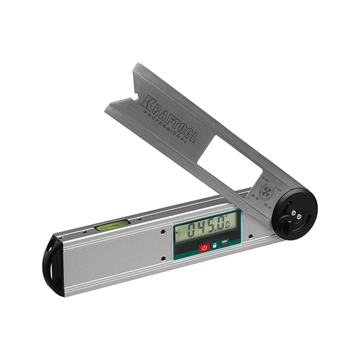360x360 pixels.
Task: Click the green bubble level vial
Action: tap(112, 225)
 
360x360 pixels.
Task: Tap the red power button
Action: tap(204, 247)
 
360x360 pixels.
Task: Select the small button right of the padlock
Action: tap(224, 243)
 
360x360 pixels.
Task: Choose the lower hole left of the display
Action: tap(163, 259)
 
